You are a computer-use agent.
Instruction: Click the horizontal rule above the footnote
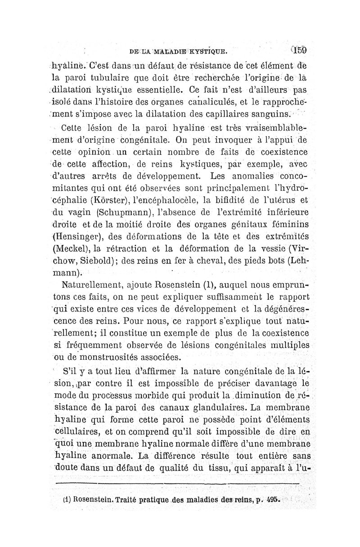pos(180,483)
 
